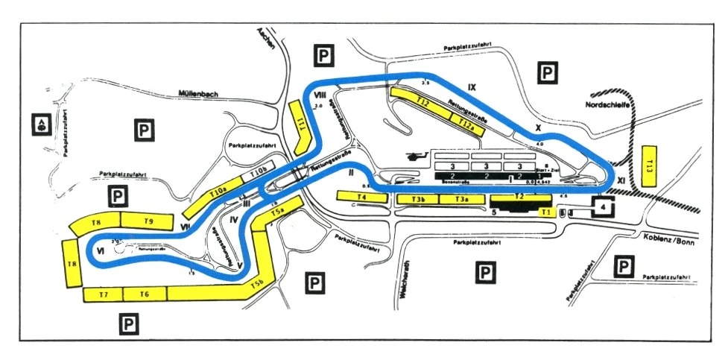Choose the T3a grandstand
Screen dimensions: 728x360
tap(463, 199)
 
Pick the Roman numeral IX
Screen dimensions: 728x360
tap(471, 87)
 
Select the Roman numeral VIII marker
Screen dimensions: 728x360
tap(321, 95)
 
